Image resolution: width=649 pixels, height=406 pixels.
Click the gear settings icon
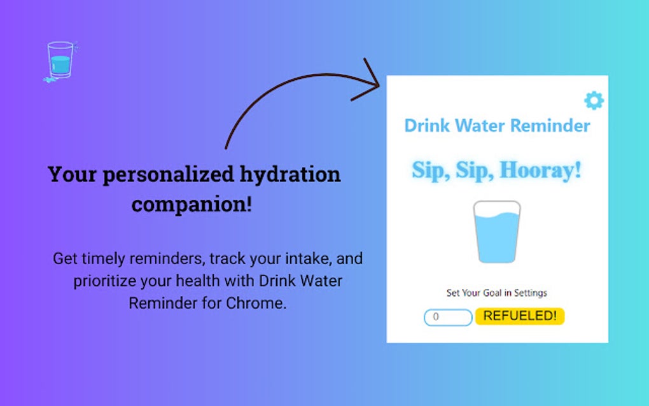pyautogui.click(x=594, y=100)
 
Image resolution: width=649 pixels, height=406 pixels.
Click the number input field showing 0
pyautogui.click(x=448, y=317)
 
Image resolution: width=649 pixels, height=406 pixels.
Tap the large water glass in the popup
pyautogui.click(x=497, y=232)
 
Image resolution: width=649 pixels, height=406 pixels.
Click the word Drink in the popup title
pyautogui.click(x=427, y=125)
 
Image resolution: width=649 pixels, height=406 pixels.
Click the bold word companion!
pyautogui.click(x=192, y=204)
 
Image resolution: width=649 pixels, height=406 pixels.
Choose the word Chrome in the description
pyautogui.click(x=256, y=303)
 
